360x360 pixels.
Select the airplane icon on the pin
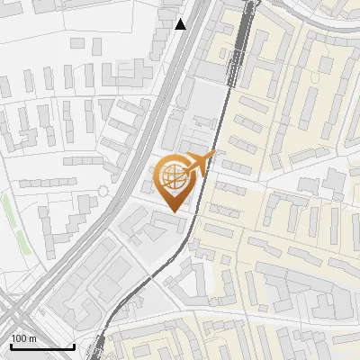pos(200,163)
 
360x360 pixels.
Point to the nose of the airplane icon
pos(215,155)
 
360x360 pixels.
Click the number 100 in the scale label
pos(19,338)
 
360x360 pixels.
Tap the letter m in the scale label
pos(32,338)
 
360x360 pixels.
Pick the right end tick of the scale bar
pos(75,346)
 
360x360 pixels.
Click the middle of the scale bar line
pos(41,347)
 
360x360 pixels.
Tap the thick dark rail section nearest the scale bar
pos(97,346)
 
